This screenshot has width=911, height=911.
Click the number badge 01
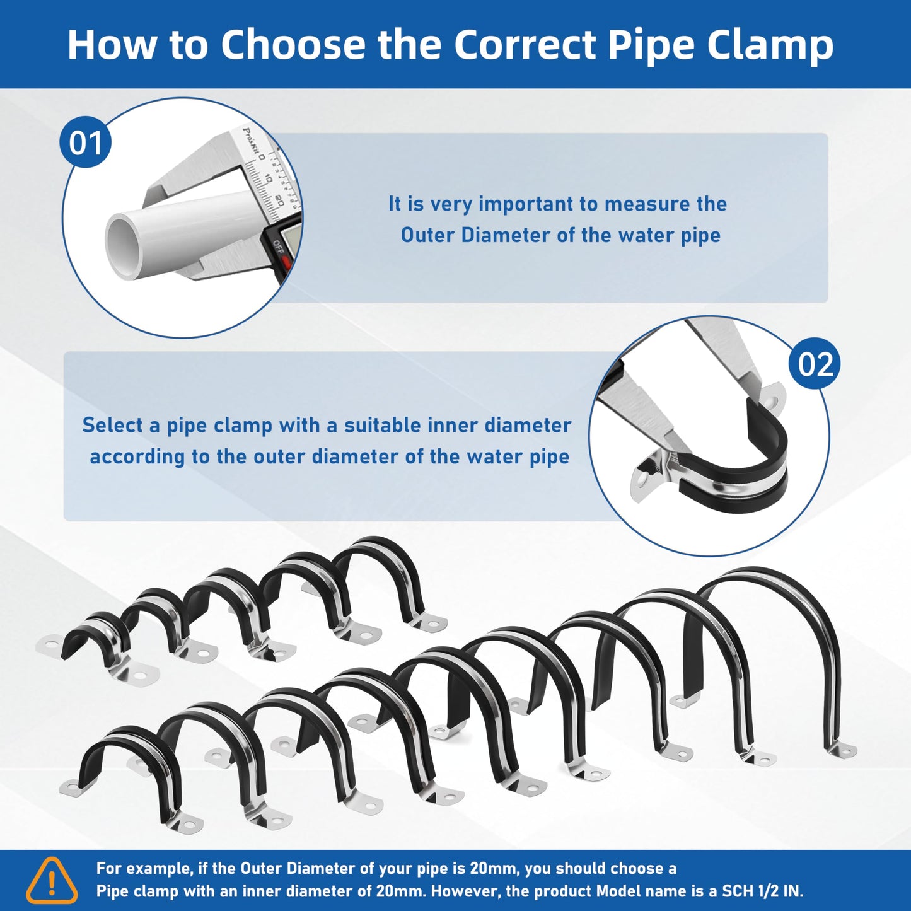[x=86, y=142]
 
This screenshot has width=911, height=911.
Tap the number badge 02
[x=815, y=364]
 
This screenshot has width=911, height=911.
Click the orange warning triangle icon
[x=52, y=880]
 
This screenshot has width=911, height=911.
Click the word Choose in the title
[x=293, y=44]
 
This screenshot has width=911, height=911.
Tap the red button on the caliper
[x=285, y=261]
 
